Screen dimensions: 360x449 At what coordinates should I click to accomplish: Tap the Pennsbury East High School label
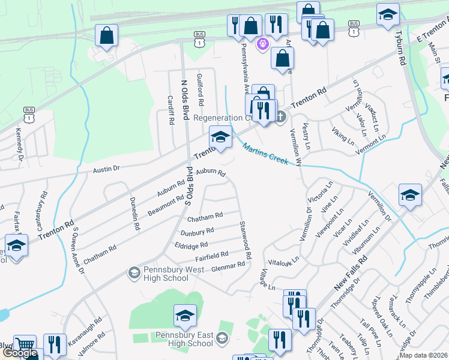(184, 339)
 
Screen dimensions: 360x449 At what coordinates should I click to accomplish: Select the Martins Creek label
(265, 154)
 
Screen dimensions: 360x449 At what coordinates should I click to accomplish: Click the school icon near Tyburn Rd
(388, 14)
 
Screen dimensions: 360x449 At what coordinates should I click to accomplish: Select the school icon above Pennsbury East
(185, 315)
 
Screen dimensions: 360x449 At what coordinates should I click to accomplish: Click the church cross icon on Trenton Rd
(280, 116)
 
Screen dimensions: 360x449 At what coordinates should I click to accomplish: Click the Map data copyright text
(423, 355)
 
